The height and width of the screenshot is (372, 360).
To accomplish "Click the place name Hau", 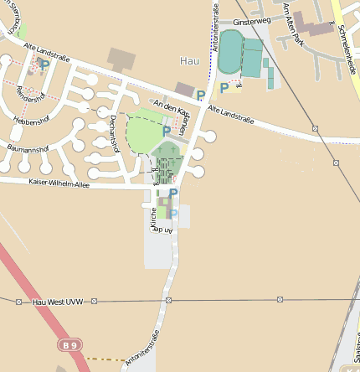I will click(x=189, y=61).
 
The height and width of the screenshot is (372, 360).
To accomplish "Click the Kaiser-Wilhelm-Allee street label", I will click(x=59, y=183).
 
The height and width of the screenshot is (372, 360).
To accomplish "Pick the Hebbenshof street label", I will click(x=31, y=121).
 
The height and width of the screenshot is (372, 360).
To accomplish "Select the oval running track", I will click(x=229, y=51).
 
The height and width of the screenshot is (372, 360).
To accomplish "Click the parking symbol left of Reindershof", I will click(x=44, y=65).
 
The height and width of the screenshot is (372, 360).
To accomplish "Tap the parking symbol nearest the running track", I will click(x=224, y=87).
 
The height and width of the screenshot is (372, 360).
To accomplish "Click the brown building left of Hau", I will click(x=121, y=59).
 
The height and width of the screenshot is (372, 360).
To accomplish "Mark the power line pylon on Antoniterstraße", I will click(x=168, y=300).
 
